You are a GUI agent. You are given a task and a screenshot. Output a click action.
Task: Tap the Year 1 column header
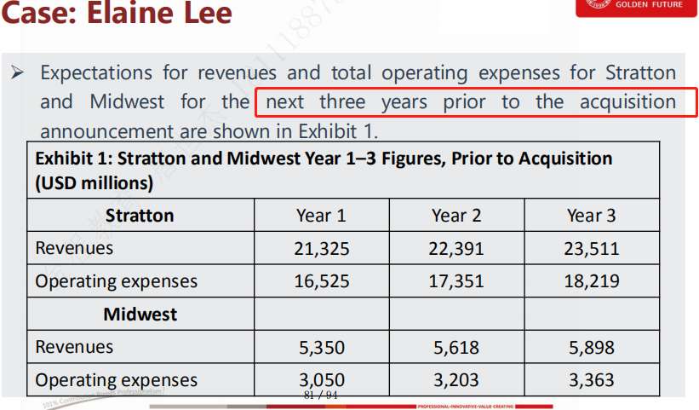tap(321, 216)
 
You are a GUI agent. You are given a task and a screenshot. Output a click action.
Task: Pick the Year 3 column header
tap(591, 216)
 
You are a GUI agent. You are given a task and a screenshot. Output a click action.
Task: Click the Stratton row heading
tap(140, 216)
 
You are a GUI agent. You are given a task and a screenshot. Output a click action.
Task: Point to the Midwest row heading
tap(140, 315)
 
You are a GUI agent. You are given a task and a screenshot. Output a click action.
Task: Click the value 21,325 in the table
tap(321, 249)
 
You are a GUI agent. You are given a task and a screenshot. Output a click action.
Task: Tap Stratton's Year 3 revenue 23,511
tap(591, 249)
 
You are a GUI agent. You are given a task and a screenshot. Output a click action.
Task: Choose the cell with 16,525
tap(321, 281)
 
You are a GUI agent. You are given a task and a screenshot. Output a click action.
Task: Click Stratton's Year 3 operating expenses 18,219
tap(591, 281)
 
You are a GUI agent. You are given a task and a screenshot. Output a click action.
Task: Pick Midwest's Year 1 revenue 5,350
tap(321, 348)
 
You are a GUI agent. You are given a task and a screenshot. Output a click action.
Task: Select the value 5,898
tap(591, 348)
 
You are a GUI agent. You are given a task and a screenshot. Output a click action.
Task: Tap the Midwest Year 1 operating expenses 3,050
tap(321, 380)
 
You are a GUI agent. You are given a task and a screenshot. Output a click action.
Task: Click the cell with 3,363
tap(591, 380)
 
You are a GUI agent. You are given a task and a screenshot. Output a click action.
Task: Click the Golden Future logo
tap(635, 7)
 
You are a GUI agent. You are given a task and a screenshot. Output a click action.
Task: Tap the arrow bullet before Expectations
tap(16, 72)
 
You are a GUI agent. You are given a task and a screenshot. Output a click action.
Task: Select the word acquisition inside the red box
tap(627, 102)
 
